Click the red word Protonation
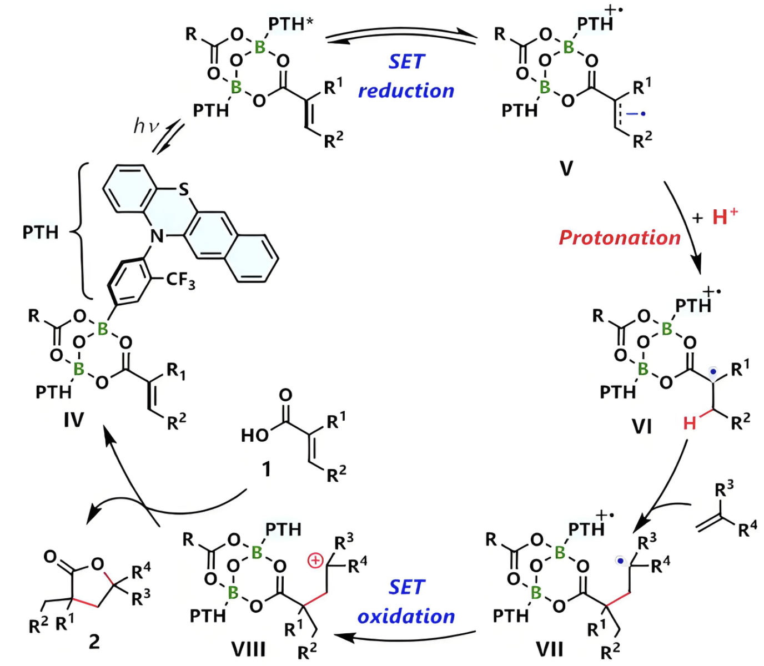[619, 238]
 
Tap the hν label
[147, 126]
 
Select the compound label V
[566, 168]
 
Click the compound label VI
[642, 427]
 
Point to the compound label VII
[550, 649]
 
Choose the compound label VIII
[248, 649]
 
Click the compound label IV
[73, 420]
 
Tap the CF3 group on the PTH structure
[180, 280]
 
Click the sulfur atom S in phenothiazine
[184, 190]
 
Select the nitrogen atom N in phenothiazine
[158, 237]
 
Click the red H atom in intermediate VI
[690, 424]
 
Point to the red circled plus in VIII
[315, 561]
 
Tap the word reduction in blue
[406, 90]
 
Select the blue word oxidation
[406, 616]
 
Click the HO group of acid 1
[254, 436]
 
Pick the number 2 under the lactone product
[94, 642]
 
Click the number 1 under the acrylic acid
[267, 470]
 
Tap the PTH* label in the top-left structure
[291, 24]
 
